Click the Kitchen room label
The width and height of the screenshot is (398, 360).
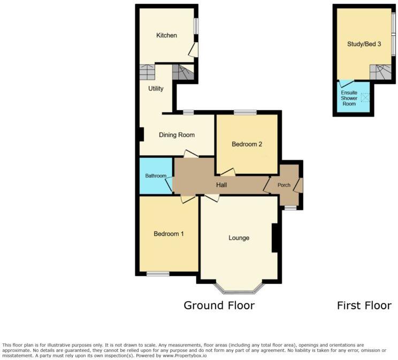[x=166, y=35]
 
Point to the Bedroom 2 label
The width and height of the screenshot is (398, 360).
[x=247, y=144]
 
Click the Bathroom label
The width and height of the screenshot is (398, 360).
[x=156, y=175]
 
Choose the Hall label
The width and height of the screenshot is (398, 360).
[x=221, y=185]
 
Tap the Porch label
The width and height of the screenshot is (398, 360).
[x=284, y=185]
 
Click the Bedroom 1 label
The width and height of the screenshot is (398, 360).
[x=169, y=234]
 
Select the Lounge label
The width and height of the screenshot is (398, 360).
[x=239, y=238]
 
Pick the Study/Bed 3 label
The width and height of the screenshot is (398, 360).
[x=364, y=44]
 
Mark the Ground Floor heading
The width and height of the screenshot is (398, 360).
[x=219, y=305]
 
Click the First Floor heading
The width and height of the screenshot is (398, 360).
[x=364, y=305]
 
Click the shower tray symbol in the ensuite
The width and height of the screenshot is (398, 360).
[x=365, y=97]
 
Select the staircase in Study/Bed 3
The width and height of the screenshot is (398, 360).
[x=380, y=72]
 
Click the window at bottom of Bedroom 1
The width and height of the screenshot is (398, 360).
[x=158, y=274]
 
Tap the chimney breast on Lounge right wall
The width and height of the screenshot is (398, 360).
[x=276, y=238]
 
